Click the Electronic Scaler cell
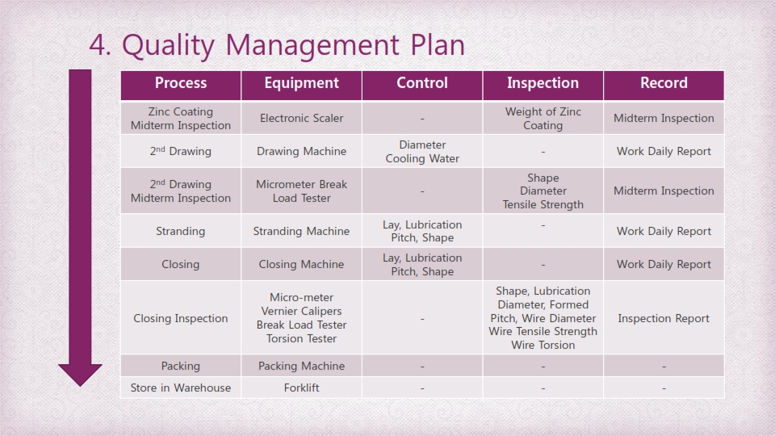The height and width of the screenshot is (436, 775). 301,118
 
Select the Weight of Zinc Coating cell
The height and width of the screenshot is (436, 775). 542,118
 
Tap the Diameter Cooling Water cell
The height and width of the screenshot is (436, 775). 422,151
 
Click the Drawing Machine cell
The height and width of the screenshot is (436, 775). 301,151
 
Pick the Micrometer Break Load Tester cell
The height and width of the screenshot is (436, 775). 301,191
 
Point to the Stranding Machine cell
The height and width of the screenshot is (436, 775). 301,231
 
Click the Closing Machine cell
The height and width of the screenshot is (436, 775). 301,264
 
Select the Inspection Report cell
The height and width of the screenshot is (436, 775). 664,318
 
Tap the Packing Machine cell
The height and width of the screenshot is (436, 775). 301,366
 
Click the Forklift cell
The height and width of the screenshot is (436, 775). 301,388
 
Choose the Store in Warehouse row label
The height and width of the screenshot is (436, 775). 181,388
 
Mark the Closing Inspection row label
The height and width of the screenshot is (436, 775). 181,318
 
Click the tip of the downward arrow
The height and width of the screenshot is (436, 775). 80,386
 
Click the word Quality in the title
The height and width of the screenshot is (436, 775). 168,46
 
